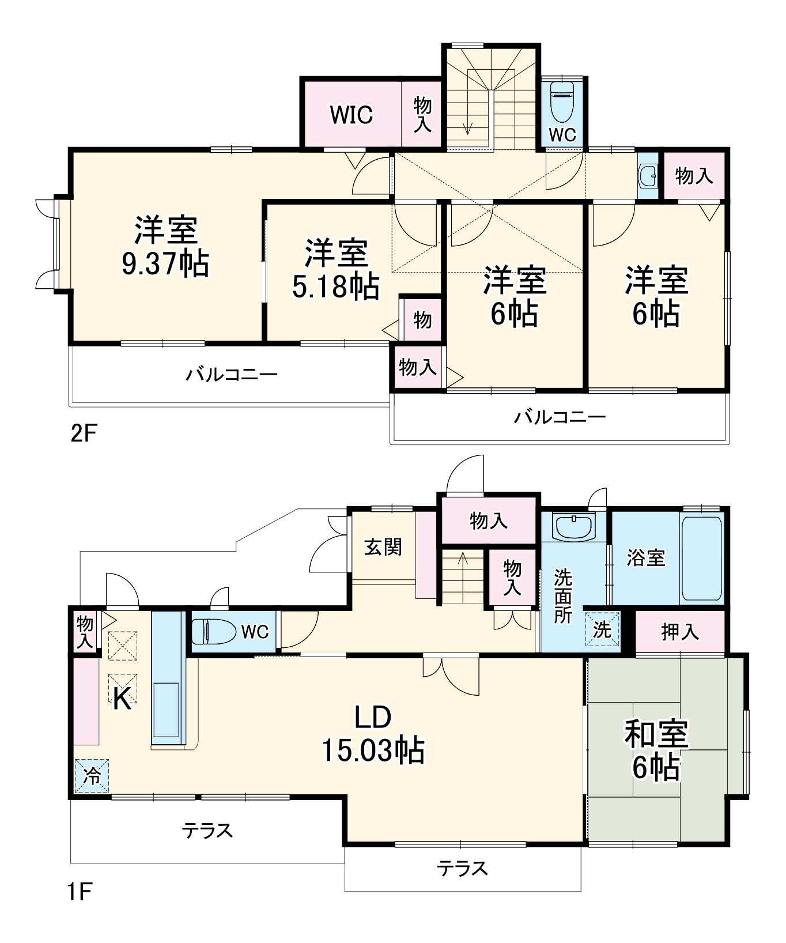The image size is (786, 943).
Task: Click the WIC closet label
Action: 351,115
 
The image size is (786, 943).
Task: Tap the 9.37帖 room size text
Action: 165,264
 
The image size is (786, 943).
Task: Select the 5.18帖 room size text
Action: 335,286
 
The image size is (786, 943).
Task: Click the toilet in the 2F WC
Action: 561,100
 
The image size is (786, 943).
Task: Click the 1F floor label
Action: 79,892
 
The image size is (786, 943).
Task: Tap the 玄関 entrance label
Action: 383,546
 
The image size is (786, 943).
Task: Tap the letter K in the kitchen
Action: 122,699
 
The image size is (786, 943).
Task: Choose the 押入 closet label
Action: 680,632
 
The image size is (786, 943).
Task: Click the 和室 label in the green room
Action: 656,734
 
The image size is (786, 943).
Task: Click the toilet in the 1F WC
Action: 213,632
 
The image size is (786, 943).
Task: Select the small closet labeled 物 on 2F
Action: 422,319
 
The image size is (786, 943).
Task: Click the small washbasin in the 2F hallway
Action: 648,176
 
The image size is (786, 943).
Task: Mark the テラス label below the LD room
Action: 462,868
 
